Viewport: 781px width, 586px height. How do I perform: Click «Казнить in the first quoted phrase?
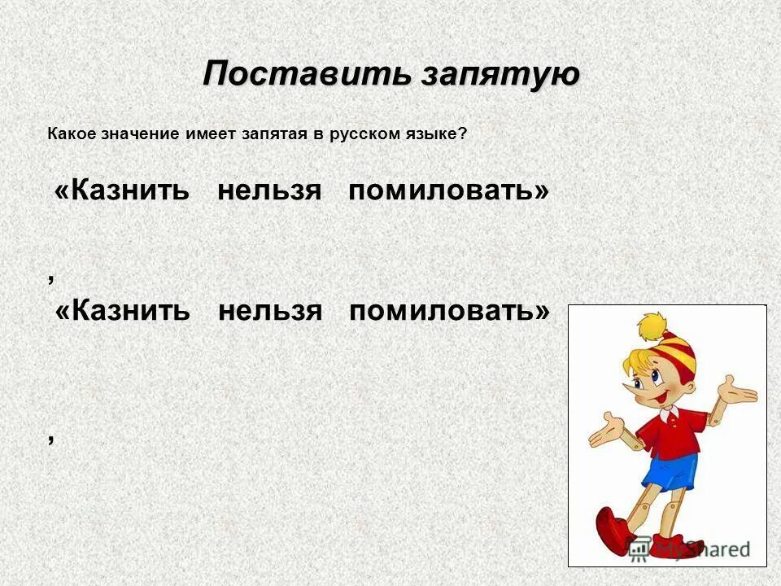[x=122, y=191]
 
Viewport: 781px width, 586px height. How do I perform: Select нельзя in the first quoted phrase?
[x=270, y=191]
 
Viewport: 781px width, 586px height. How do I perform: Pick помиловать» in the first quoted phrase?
[x=448, y=191]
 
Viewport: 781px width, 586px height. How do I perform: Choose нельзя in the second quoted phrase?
[x=270, y=311]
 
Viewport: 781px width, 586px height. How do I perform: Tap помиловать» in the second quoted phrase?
[x=448, y=311]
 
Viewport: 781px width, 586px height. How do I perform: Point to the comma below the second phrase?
[x=51, y=438]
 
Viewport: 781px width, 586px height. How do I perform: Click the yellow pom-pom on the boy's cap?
[x=650, y=327]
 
